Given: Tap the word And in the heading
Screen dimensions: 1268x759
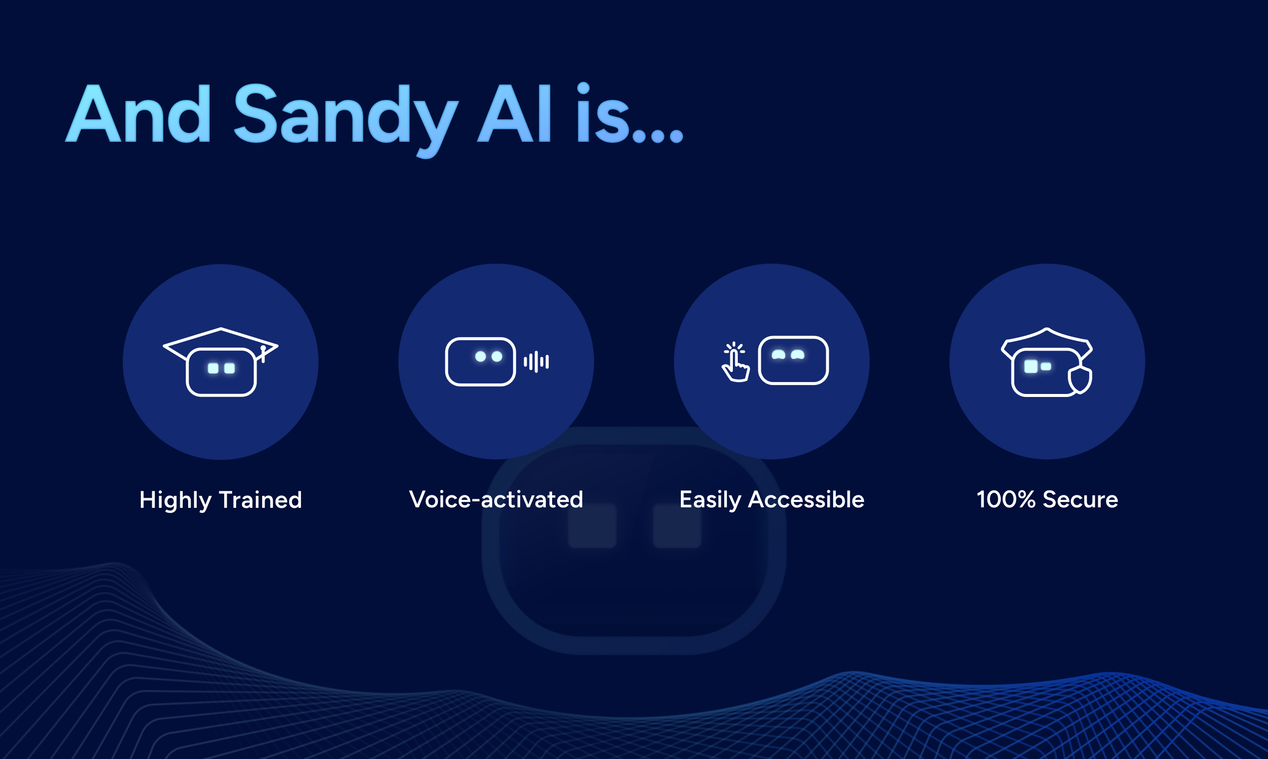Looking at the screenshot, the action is pyautogui.click(x=138, y=112).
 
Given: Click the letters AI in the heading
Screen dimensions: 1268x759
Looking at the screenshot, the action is pyautogui.click(x=514, y=112).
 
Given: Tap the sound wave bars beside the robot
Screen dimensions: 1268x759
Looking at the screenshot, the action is pyautogui.click(x=536, y=362).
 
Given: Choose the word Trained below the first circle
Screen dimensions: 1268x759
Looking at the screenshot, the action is pyautogui.click(x=261, y=500).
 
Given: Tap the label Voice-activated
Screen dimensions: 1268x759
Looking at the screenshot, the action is pyautogui.click(x=496, y=499).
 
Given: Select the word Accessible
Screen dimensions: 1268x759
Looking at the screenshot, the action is pyautogui.click(x=806, y=499).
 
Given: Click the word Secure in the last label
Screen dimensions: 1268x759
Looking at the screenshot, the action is pyautogui.click(x=1080, y=499).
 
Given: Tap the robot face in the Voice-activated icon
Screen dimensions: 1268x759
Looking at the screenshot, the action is pyautogui.click(x=480, y=362).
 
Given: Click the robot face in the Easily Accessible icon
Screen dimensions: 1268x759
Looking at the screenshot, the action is pyautogui.click(x=793, y=360).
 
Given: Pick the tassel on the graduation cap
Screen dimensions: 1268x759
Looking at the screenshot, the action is pyautogui.click(x=263, y=354).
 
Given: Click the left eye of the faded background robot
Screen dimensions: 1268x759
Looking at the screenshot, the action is pyautogui.click(x=592, y=526).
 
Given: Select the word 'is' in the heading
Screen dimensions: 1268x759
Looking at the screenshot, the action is pyautogui.click(x=603, y=112).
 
